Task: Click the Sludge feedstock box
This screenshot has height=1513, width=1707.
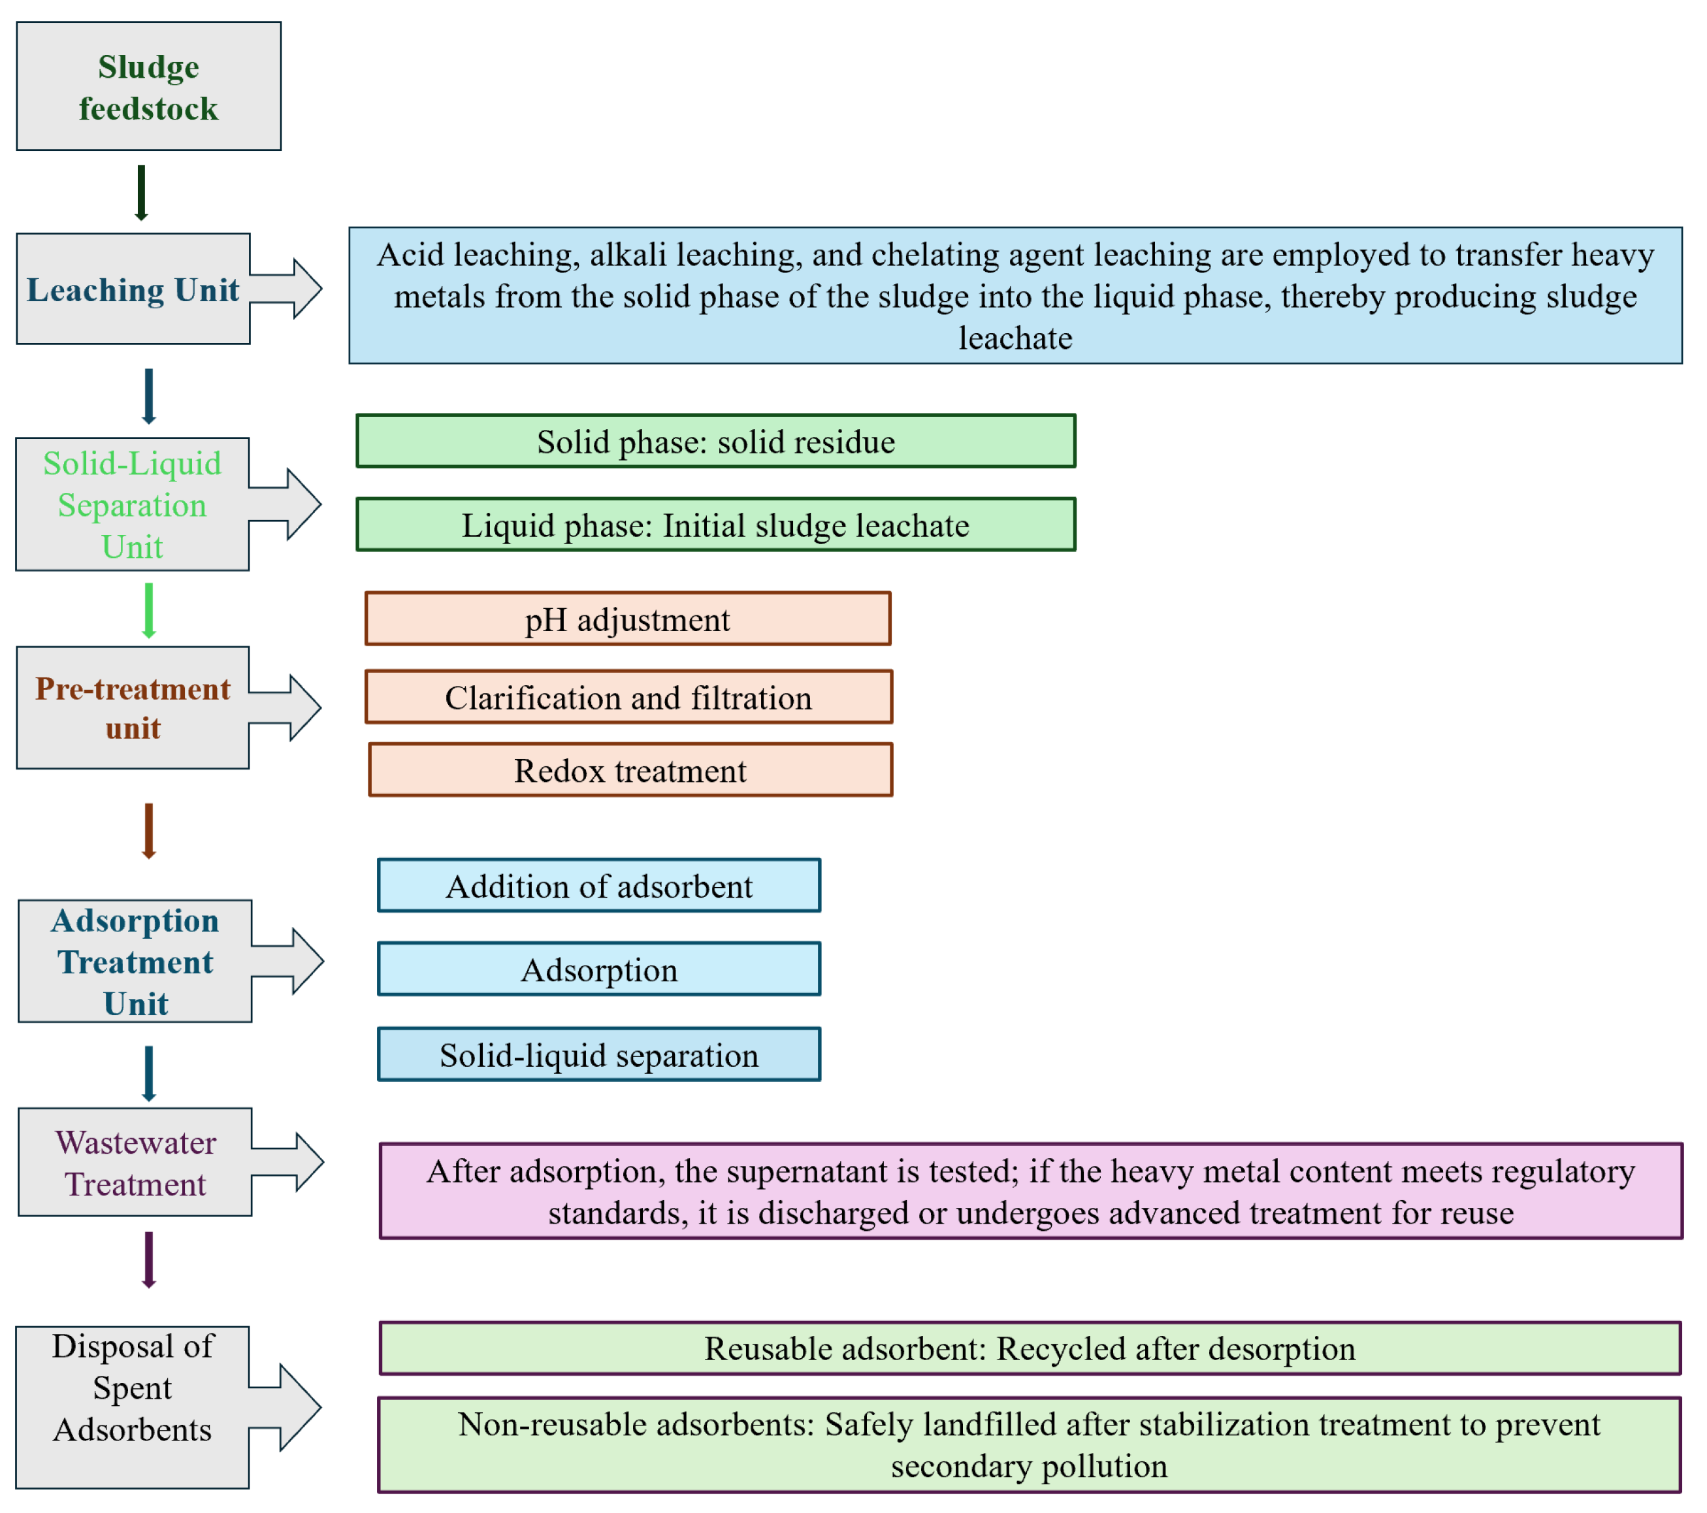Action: [x=149, y=87]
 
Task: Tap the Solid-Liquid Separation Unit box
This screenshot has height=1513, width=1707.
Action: [x=132, y=504]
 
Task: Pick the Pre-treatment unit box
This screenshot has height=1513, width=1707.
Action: [x=133, y=708]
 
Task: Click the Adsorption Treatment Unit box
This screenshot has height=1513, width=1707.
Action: [x=135, y=961]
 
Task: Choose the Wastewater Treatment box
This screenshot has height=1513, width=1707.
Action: [x=135, y=1162]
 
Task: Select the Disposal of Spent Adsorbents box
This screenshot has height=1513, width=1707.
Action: [x=132, y=1407]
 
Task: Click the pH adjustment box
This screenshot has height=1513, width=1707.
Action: [x=628, y=619]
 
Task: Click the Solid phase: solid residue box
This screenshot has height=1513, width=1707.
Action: [x=716, y=441]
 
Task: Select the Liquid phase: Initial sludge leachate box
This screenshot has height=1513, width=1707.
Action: [x=716, y=525]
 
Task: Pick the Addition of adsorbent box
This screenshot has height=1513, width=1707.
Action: [x=599, y=885]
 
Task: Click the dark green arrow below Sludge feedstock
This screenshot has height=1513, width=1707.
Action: [x=141, y=193]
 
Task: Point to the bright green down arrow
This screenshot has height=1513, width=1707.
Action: [x=149, y=610]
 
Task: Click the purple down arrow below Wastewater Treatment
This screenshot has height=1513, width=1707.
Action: [x=149, y=1259]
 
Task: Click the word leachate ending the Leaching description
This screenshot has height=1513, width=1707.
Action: [x=1016, y=338]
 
